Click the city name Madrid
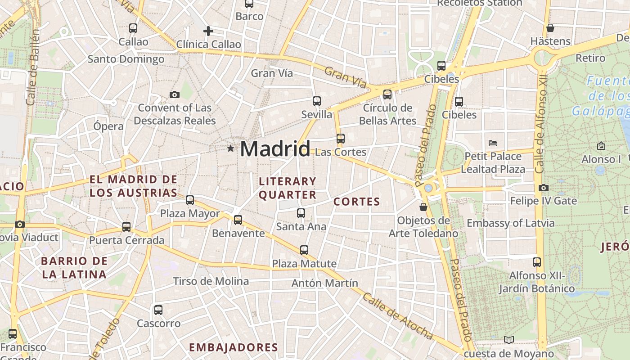coord(275,149)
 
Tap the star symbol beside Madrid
coord(230,148)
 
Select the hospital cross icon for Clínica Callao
coord(208,31)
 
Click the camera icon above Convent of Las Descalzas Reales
coord(175,94)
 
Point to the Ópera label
coord(108,126)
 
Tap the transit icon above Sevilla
coord(317,101)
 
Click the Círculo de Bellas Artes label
coord(387,114)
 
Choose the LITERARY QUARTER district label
coord(288,188)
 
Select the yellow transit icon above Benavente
coord(238,220)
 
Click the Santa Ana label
coord(301,226)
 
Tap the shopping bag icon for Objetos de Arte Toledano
coord(423,207)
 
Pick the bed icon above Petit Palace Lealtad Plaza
coord(493,143)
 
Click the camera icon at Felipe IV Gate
coord(544,188)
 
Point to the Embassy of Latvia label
coord(510,223)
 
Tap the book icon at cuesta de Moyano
coord(509,340)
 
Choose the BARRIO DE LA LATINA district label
coord(74,268)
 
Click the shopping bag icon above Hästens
coord(550,28)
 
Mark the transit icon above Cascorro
coord(158,310)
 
